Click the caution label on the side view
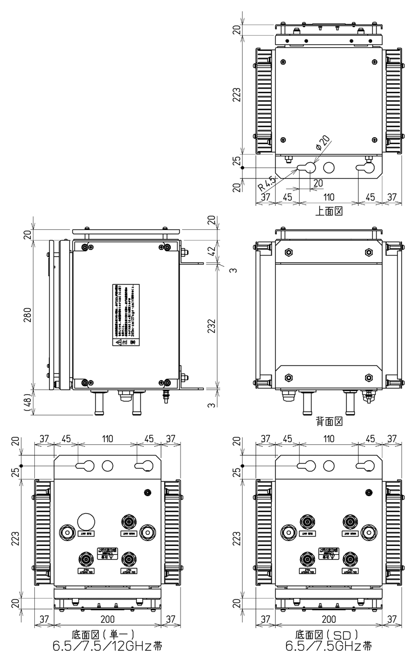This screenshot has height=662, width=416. [x=123, y=315]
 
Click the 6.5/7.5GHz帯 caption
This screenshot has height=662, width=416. [x=329, y=646]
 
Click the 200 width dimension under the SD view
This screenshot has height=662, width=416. [x=329, y=619]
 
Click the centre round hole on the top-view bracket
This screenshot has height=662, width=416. [x=329, y=167]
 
